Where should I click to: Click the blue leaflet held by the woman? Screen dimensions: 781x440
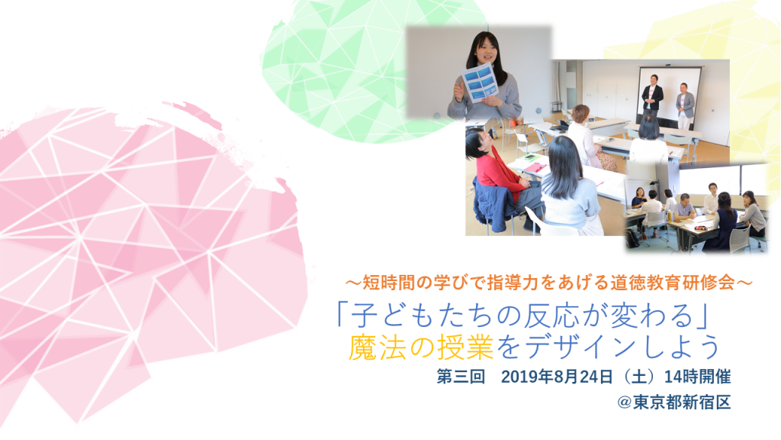(x=480, y=82)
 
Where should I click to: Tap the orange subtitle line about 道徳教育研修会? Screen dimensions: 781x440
(x=549, y=283)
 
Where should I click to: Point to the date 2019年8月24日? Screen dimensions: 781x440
(x=556, y=377)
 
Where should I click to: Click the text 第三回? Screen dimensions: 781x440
(x=461, y=377)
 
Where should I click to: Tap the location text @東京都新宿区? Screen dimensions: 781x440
(x=674, y=402)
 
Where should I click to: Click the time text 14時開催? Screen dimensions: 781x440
(x=697, y=377)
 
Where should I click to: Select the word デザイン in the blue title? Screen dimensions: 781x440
(x=581, y=348)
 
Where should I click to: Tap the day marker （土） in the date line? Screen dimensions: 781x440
(x=638, y=377)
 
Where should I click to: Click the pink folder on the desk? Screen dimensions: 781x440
(x=535, y=168)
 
